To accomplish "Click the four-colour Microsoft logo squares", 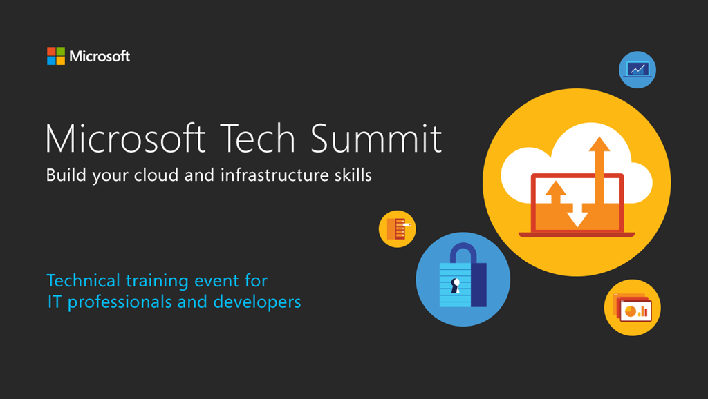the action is (56, 56).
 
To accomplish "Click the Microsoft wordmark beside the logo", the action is (100, 57).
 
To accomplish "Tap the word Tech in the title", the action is (258, 138).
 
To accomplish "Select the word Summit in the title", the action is (376, 138).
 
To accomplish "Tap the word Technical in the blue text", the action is (84, 280).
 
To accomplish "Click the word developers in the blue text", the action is (257, 302).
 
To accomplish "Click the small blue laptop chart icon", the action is (637, 70).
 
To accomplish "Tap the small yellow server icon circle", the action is (398, 228).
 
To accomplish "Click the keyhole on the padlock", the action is (456, 285).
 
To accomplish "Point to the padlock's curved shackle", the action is (463, 245).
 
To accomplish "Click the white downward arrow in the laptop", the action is (577, 215).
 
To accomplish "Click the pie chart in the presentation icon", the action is (631, 311).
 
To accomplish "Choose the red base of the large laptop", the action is (577, 235).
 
